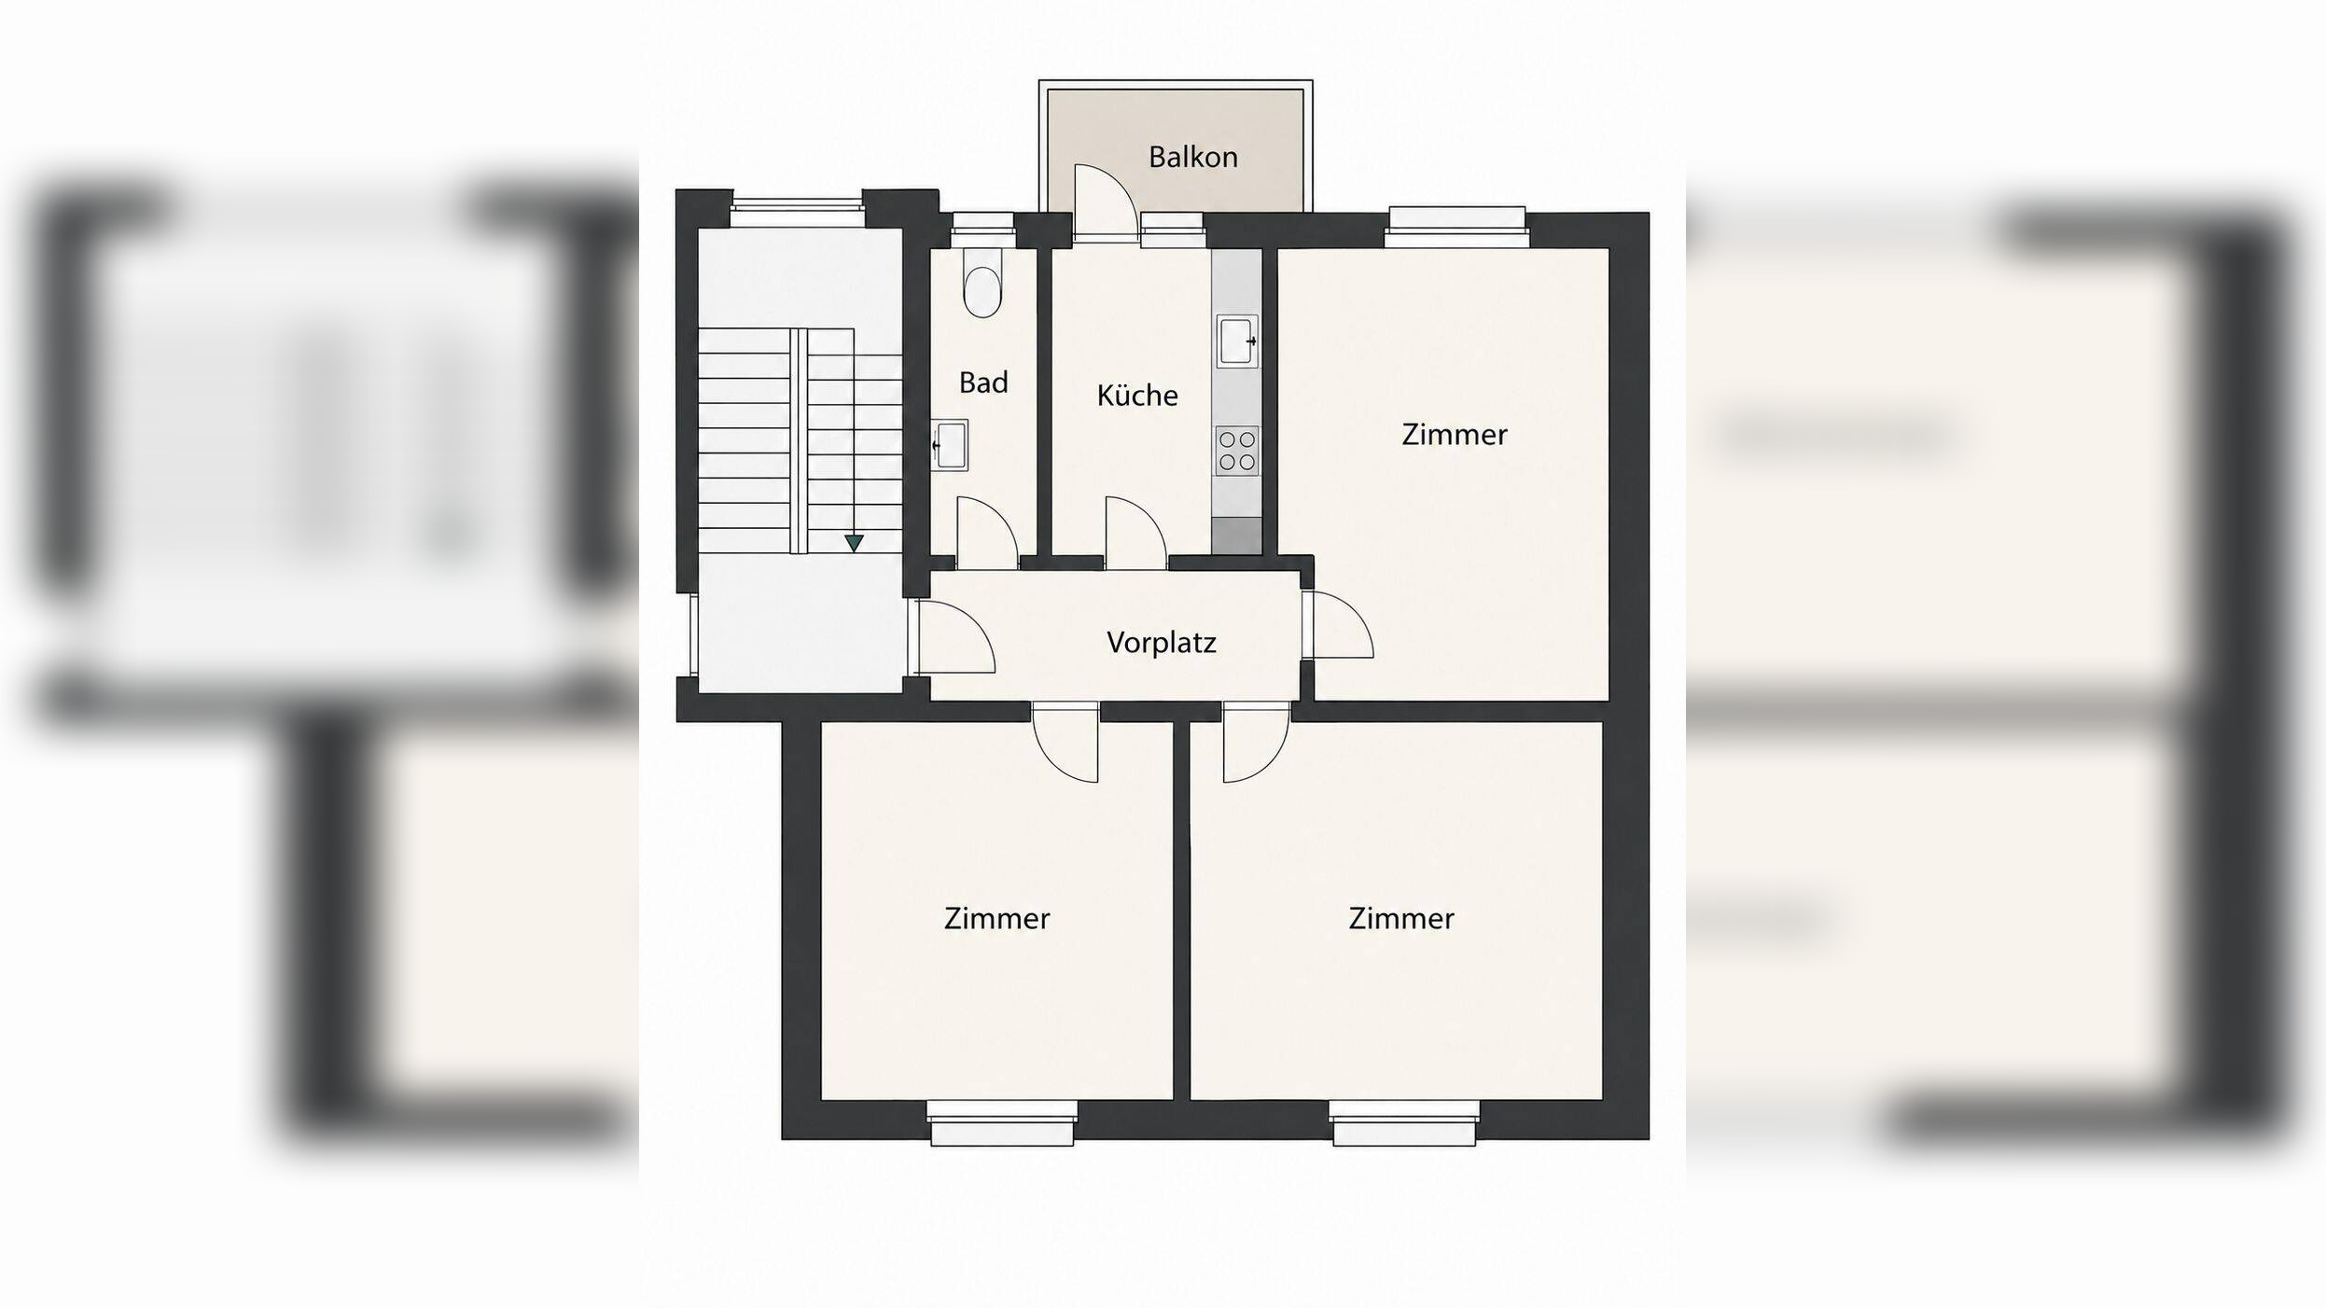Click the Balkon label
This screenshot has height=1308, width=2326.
pyautogui.click(x=1192, y=157)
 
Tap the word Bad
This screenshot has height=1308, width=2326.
pyautogui.click(x=983, y=383)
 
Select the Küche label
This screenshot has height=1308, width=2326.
pyautogui.click(x=1136, y=395)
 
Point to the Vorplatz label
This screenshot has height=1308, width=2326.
pyautogui.click(x=1161, y=642)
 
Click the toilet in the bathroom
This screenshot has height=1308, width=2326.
pyautogui.click(x=982, y=282)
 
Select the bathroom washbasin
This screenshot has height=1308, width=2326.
pyautogui.click(x=950, y=444)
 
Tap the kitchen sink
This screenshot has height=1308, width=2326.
pyautogui.click(x=1237, y=341)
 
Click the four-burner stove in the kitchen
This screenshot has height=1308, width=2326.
pyautogui.click(x=1237, y=451)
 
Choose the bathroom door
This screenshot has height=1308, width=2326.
pyautogui.click(x=986, y=533)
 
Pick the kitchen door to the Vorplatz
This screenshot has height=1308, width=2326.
pyautogui.click(x=1135, y=533)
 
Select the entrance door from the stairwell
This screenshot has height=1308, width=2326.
pyautogui.click(x=954, y=636)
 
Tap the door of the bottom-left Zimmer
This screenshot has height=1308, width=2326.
pyautogui.click(x=1066, y=742)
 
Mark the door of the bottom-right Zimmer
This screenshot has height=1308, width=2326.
pyautogui.click(x=1256, y=742)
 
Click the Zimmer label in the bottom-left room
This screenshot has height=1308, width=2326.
pyautogui.click(x=996, y=918)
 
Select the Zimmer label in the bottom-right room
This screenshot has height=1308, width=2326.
pyautogui.click(x=1400, y=918)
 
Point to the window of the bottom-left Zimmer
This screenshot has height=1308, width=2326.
pyautogui.click(x=1002, y=1122)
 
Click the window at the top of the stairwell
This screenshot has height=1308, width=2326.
pyautogui.click(x=797, y=209)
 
